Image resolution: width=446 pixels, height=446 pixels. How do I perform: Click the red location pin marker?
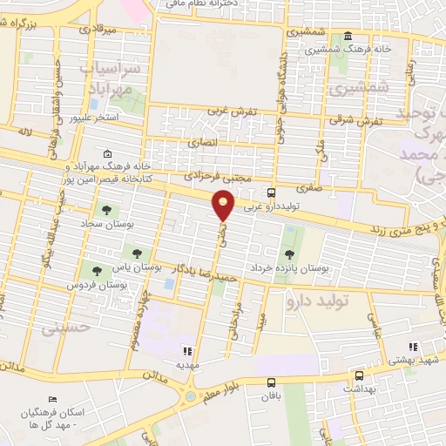[225, 206]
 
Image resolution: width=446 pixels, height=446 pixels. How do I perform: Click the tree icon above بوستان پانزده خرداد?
[288, 254]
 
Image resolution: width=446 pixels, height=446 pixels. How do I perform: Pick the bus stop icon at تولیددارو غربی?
[273, 193]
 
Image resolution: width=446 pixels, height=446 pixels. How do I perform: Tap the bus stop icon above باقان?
[272, 382]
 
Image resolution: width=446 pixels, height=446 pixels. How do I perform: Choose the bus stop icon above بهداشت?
[359, 377]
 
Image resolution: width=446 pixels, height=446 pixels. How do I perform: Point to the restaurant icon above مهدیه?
[186, 351]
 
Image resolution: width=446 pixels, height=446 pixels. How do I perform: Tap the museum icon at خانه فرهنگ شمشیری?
[348, 36]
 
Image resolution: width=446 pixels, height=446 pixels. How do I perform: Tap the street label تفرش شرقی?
[364, 121]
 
